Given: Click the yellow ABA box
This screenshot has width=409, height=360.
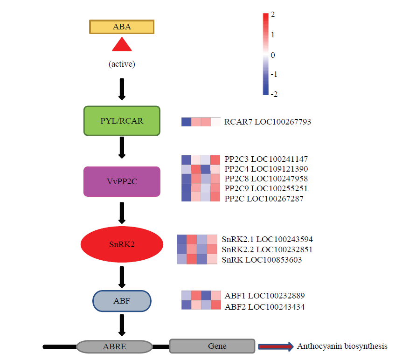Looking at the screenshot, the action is [x=122, y=27].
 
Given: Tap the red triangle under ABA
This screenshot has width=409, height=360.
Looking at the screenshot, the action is [x=122, y=45].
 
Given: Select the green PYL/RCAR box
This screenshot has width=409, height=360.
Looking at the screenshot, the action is [x=122, y=121].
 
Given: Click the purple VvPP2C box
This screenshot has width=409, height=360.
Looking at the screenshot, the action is [x=122, y=181].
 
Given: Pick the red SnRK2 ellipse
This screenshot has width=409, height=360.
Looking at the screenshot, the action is [x=122, y=244].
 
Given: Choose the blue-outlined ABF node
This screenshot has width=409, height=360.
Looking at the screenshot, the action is [x=122, y=301].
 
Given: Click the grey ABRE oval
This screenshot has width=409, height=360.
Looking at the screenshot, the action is [x=115, y=346].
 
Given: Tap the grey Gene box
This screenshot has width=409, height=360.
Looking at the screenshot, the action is [x=212, y=346].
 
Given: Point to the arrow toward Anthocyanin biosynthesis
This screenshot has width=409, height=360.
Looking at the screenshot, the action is [x=276, y=346].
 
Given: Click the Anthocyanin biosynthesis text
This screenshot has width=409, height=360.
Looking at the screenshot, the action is [x=342, y=346].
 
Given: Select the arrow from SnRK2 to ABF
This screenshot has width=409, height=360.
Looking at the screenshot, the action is [x=122, y=277].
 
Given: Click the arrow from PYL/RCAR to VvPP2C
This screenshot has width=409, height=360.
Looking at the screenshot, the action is [x=122, y=148].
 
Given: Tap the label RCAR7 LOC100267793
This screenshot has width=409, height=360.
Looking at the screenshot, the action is [x=268, y=122].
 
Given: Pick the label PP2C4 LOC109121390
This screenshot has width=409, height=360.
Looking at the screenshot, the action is [x=266, y=169].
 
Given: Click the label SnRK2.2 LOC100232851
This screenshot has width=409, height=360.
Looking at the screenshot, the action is [x=267, y=249].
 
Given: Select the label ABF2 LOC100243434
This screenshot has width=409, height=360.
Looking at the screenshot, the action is [x=264, y=307].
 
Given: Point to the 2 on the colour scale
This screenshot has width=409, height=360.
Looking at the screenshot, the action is [x=272, y=14].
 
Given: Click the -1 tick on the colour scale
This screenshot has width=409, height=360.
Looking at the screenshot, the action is [x=274, y=74].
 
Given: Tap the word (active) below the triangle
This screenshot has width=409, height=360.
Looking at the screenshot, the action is [x=122, y=64].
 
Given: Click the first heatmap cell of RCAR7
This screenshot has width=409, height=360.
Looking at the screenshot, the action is [x=186, y=122].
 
